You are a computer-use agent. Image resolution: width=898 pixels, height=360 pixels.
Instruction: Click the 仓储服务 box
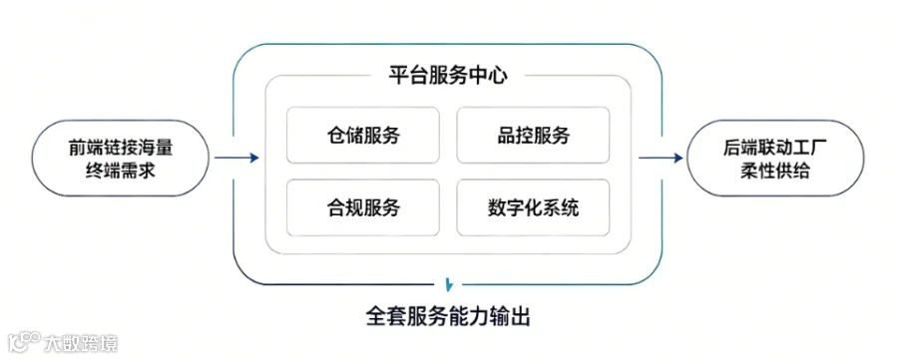(x=363, y=136)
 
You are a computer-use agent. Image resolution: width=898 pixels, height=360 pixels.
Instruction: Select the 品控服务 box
(x=533, y=136)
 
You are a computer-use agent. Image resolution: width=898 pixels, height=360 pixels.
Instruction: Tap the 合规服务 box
(x=363, y=207)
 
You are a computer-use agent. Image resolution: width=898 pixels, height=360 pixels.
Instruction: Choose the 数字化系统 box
(x=533, y=207)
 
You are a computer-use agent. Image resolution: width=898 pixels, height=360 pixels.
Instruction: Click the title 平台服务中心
(x=448, y=76)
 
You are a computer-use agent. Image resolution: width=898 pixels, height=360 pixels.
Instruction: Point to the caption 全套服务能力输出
(x=448, y=316)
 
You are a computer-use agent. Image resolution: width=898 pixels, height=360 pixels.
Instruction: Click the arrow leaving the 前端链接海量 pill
(x=237, y=158)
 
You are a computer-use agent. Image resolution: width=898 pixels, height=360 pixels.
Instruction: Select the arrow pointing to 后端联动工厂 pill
(x=662, y=158)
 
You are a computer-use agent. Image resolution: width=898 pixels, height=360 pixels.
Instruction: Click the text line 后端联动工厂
(x=775, y=149)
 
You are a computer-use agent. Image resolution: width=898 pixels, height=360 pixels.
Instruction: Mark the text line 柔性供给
(x=775, y=172)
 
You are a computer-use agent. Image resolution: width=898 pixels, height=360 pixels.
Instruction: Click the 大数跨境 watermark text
(x=81, y=343)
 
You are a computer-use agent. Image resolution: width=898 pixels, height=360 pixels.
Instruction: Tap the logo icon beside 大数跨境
(x=24, y=342)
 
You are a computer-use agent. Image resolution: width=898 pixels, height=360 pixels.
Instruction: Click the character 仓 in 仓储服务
(x=336, y=136)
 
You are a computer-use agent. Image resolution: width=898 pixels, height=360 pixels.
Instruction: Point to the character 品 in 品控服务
(x=506, y=136)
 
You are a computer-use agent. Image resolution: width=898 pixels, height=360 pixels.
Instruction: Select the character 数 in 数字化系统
(x=497, y=207)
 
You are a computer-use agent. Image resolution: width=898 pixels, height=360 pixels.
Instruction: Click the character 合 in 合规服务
(x=336, y=207)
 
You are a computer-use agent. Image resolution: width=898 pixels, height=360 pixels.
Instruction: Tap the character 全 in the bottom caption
(x=376, y=316)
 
